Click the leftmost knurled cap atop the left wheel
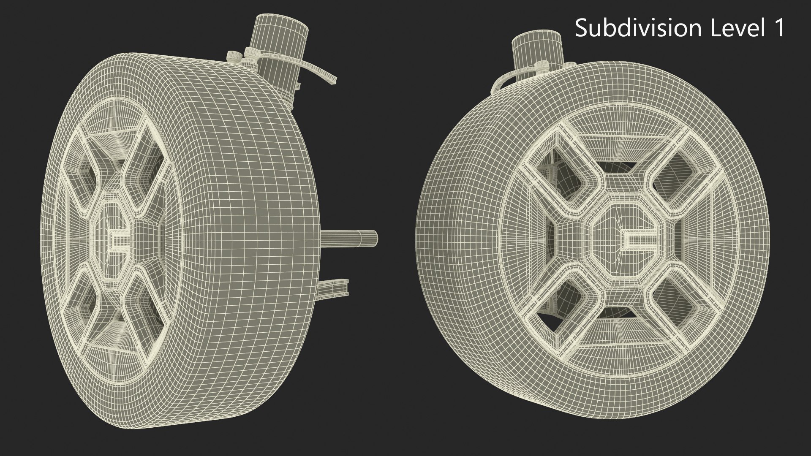coord(233,57)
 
